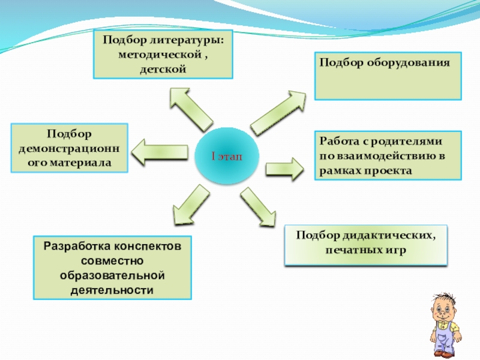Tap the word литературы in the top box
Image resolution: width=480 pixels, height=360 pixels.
[188, 41]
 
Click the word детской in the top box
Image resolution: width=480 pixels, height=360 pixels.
[163, 70]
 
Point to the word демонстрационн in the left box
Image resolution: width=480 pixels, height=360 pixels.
[70, 148]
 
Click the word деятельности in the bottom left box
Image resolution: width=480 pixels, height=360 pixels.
[112, 290]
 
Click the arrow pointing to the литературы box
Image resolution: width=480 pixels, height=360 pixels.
[188, 108]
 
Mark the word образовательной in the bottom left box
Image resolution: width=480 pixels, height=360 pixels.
[112, 275]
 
